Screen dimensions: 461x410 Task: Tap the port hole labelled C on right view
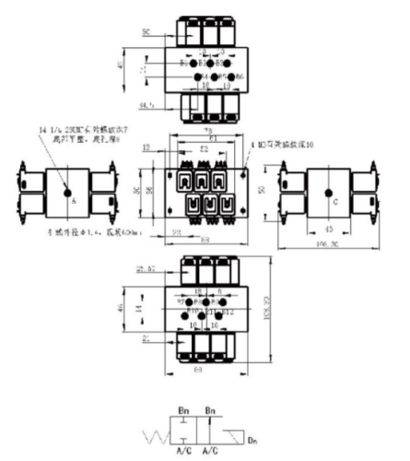pyautogui.click(x=330, y=195)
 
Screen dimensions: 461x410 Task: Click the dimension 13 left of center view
pyautogui.click(x=147, y=146)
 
